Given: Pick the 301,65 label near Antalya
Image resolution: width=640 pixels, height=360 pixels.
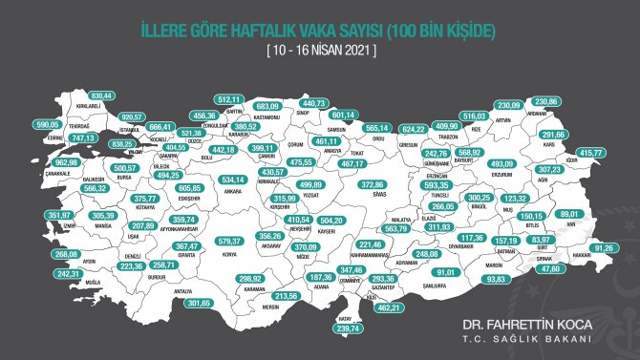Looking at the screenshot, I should pyautogui.click(x=198, y=303).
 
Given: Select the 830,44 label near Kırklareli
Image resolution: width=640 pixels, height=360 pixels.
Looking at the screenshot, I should pyautogui.click(x=101, y=96).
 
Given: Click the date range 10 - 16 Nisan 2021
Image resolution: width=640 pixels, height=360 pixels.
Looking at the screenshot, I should pyautogui.click(x=320, y=50).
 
